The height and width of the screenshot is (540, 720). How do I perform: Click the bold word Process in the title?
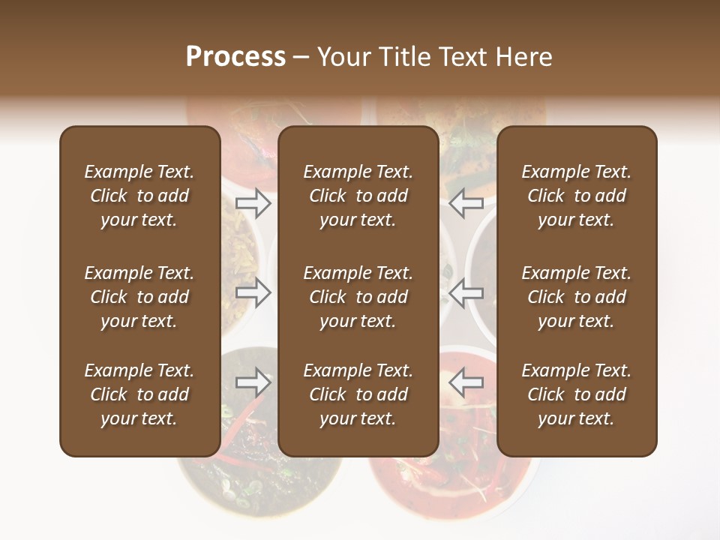pyautogui.click(x=235, y=56)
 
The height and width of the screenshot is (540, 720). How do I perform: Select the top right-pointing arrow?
pyautogui.click(x=253, y=202)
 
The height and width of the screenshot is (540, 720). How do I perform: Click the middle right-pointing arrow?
pyautogui.click(x=253, y=292)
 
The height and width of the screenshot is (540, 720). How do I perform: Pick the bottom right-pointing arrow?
pyautogui.click(x=253, y=382)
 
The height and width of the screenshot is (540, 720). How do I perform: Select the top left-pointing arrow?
pyautogui.click(x=466, y=202)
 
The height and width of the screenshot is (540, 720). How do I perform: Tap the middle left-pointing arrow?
pyautogui.click(x=466, y=292)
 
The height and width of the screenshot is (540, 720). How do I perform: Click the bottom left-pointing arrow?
pyautogui.click(x=466, y=382)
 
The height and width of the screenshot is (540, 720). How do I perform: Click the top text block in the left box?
pyautogui.click(x=139, y=196)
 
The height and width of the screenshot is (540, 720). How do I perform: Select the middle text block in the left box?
pyautogui.click(x=139, y=297)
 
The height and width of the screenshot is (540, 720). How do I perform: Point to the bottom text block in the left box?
pyautogui.click(x=139, y=394)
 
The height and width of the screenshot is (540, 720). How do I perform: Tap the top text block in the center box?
pyautogui.click(x=358, y=196)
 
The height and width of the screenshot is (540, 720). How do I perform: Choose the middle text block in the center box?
pyautogui.click(x=358, y=297)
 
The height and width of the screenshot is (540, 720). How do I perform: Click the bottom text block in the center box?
pyautogui.click(x=358, y=394)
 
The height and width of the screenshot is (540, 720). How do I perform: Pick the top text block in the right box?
pyautogui.click(x=576, y=196)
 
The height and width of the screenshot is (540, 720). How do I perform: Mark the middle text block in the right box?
pyautogui.click(x=576, y=297)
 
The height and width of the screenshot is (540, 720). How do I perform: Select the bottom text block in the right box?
pyautogui.click(x=576, y=394)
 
